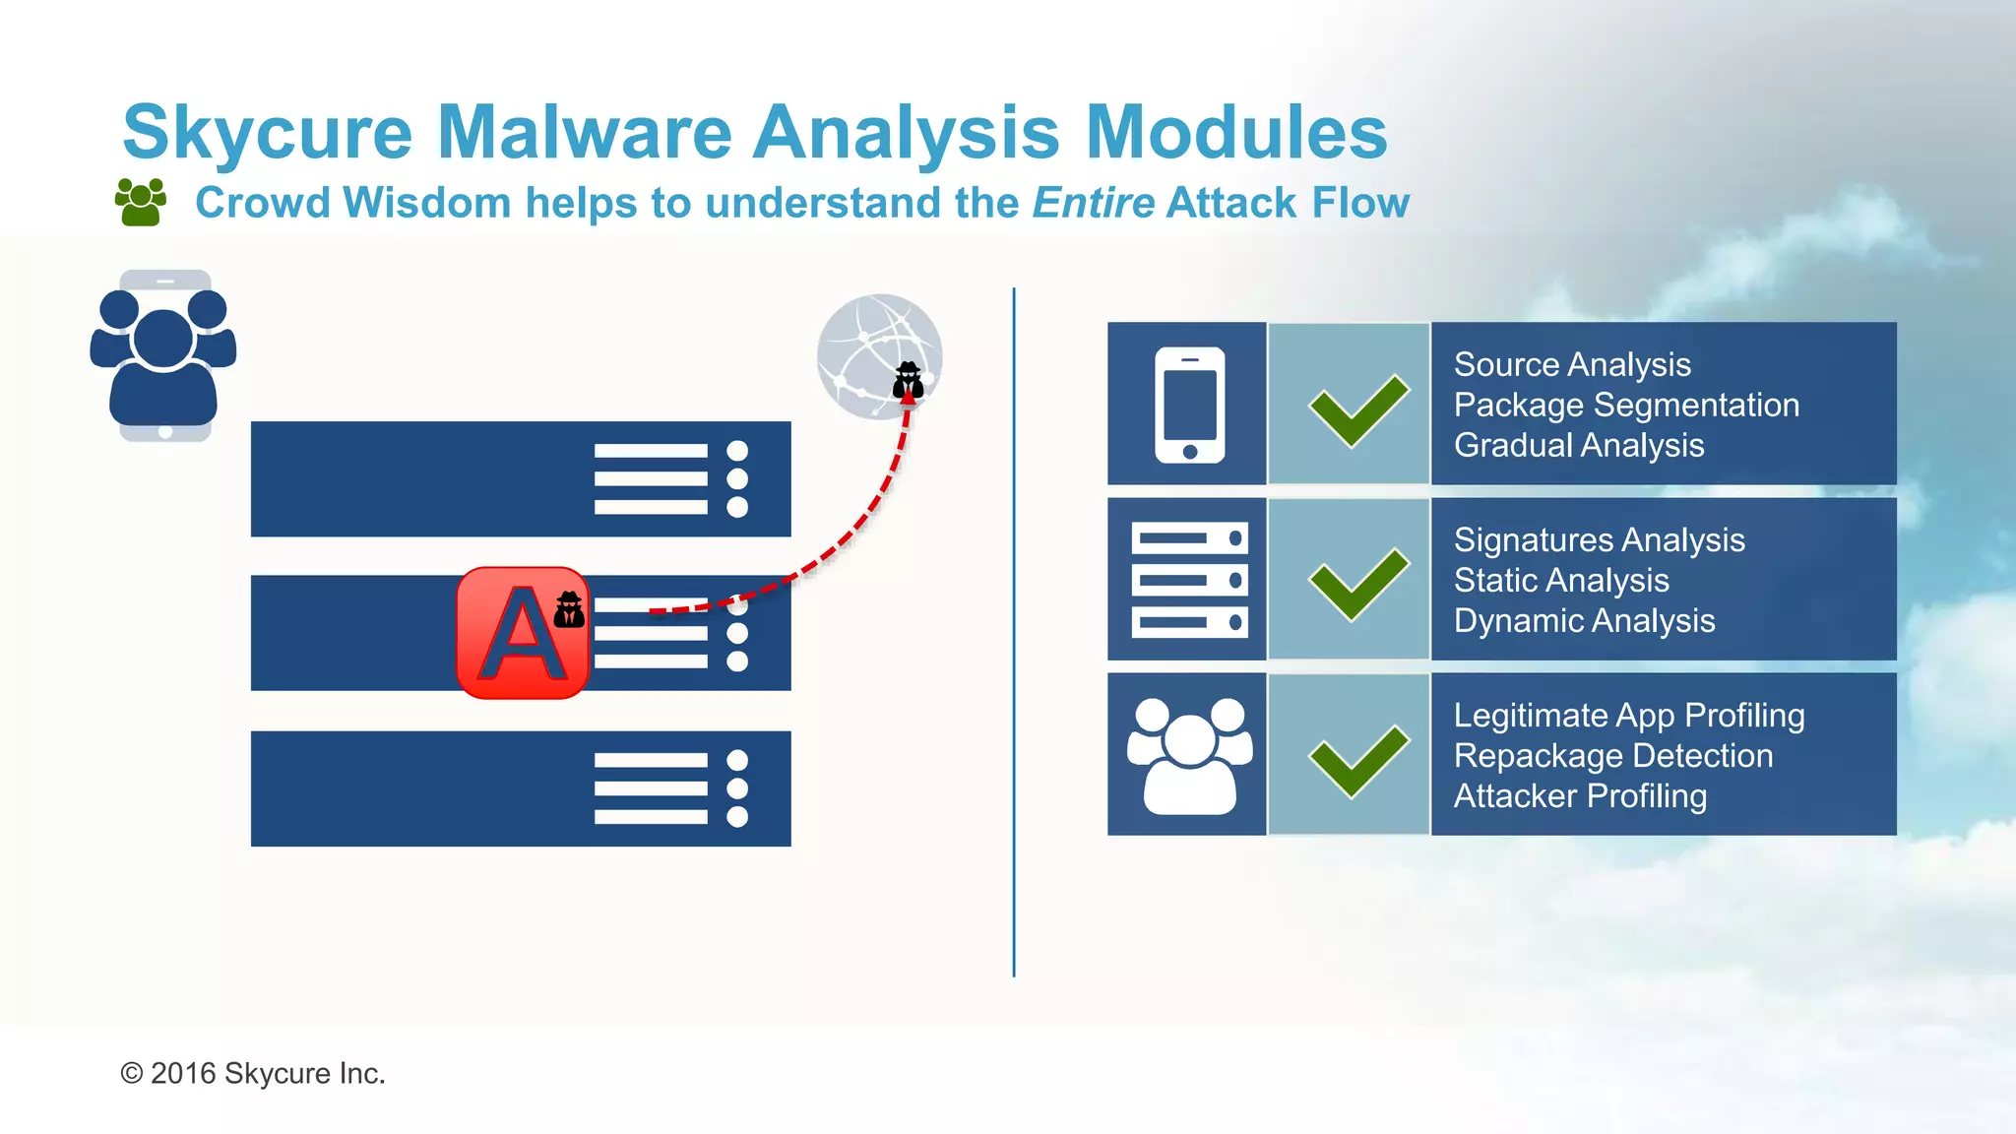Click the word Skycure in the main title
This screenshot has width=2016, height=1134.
click(x=267, y=133)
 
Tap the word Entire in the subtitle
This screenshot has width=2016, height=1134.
click(x=1093, y=203)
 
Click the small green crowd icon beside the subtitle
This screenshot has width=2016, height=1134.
click(x=140, y=202)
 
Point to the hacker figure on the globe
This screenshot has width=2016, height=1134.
click(x=908, y=380)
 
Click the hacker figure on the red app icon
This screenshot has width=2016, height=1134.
click(x=569, y=609)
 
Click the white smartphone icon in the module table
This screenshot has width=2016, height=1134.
click(x=1189, y=404)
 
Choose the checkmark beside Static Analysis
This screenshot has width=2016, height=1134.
click(x=1357, y=584)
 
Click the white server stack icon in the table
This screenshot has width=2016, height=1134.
click(x=1189, y=580)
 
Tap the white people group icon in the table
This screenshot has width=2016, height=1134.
click(x=1189, y=756)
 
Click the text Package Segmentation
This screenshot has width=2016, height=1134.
click(x=1626, y=405)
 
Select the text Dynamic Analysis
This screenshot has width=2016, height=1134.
click(x=1584, y=621)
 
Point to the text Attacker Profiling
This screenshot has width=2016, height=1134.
click(x=1580, y=795)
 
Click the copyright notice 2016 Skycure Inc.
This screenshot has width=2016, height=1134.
click(x=253, y=1073)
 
